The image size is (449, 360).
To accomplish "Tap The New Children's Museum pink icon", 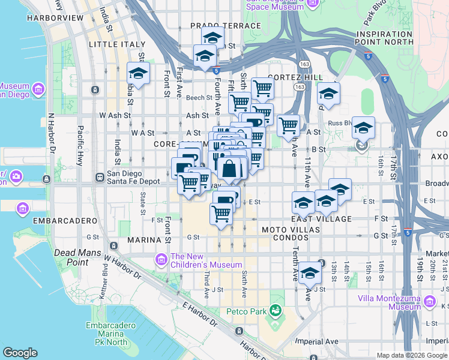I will point(161,259).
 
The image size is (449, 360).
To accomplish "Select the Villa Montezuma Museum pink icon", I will point(429,302).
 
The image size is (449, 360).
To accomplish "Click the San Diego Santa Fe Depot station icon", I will point(100,178).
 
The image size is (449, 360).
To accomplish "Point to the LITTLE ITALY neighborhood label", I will point(117,44).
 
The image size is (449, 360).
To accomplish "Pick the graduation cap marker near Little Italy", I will point(138,74).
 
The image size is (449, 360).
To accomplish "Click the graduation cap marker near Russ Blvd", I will point(363,127).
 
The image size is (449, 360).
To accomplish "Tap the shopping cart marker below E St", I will point(221,212).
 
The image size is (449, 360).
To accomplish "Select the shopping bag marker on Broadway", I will point(229,169).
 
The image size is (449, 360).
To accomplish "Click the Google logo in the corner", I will point(20,353).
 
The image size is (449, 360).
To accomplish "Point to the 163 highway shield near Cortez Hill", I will point(299,87).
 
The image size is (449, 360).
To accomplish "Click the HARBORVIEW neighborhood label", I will point(55,18).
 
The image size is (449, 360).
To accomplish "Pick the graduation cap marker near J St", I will point(310,272).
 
